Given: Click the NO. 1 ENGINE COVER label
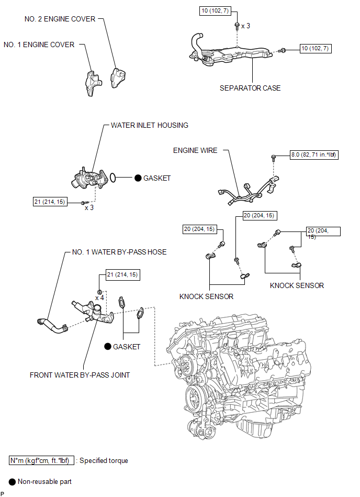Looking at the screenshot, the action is tap(39, 45).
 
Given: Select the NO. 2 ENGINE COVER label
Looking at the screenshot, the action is tap(60, 19).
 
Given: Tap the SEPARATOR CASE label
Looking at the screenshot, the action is tap(250, 88).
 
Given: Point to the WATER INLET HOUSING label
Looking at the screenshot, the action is tap(150, 125).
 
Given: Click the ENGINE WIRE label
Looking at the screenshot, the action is tap(195, 150).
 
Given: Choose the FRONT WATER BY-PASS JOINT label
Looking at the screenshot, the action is tap(80, 375).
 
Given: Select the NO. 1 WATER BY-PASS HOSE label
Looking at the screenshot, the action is tap(119, 252).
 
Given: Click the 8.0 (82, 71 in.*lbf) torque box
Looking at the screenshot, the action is tap(314, 154).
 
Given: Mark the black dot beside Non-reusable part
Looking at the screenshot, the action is tap(12, 482).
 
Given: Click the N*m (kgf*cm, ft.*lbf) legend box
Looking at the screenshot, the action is tap(41, 460).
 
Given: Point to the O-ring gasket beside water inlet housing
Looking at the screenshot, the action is tap(113, 178).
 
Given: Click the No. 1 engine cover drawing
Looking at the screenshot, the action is tap(93, 83).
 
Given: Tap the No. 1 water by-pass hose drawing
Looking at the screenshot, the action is tap(52, 326).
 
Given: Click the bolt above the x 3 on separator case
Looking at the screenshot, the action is tap(237, 26).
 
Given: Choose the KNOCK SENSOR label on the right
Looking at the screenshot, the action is tap(297, 285).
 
